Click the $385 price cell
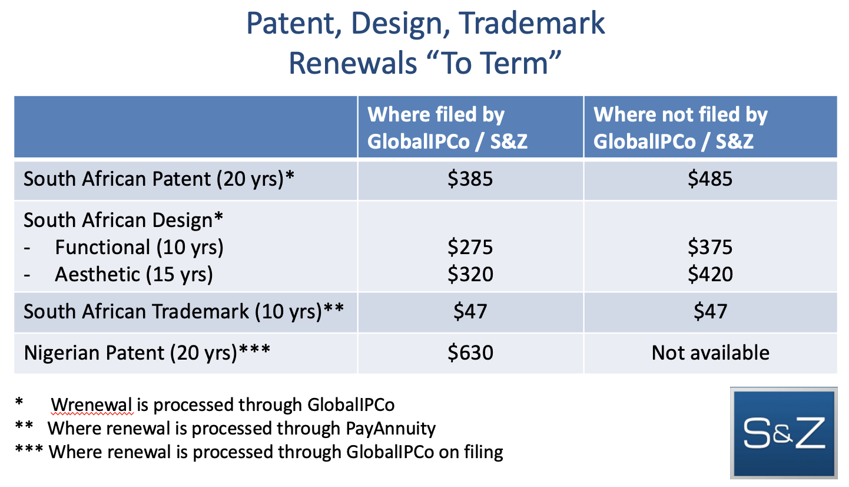pos(470,179)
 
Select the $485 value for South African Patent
pos(710,179)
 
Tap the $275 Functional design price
pos(470,247)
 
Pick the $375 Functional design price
pos(710,247)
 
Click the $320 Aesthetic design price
pos(470,274)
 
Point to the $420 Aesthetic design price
pos(710,274)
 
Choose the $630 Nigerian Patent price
pos(470,353)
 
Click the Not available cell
pos(710,353)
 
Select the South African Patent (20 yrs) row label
pos(159,179)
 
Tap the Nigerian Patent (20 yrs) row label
pos(147,353)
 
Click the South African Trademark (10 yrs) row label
pos(184,312)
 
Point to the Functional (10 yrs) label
pos(139,248)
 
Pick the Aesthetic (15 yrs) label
pos(134,274)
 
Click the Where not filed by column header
pos(681,114)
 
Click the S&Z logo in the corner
pos(784,433)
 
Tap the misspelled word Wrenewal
pos(92,404)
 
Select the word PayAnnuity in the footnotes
pos(391,429)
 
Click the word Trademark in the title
pos(532,24)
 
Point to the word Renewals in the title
pos(353,63)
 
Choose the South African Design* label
pos(123,220)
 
